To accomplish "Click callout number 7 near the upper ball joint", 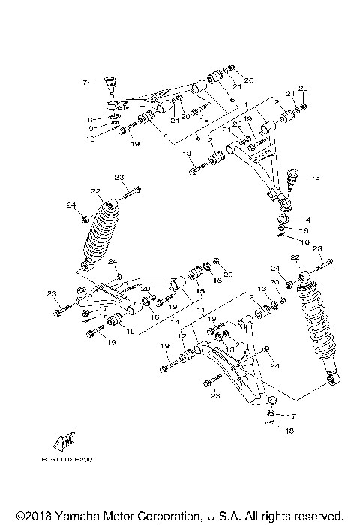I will click(x=85, y=81).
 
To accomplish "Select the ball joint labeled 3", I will click(x=295, y=178).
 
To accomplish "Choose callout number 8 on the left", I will click(x=89, y=119).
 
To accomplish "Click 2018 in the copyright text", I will click(x=32, y=517).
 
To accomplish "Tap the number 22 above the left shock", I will click(x=95, y=191).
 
